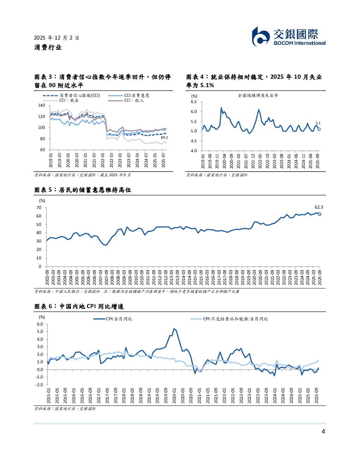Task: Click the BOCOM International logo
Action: (x=288, y=37)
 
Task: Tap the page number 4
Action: (x=323, y=431)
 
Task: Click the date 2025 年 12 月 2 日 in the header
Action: (x=56, y=38)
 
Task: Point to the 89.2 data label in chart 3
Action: (x=164, y=138)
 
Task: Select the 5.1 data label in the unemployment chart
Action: (x=318, y=123)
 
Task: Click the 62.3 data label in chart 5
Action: (x=319, y=207)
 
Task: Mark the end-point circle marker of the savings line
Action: (x=319, y=214)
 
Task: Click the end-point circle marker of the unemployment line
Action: (x=319, y=129)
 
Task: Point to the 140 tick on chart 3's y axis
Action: (x=42, y=105)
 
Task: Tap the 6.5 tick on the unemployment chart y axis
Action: (x=194, y=102)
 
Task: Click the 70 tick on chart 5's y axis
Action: (x=39, y=208)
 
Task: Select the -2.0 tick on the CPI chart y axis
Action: (x=40, y=385)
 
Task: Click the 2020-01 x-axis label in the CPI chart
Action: (x=174, y=395)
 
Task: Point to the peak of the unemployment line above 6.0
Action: (x=221, y=108)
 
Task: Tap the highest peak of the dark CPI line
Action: (x=174, y=329)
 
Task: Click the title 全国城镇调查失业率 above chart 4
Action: (x=258, y=95)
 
